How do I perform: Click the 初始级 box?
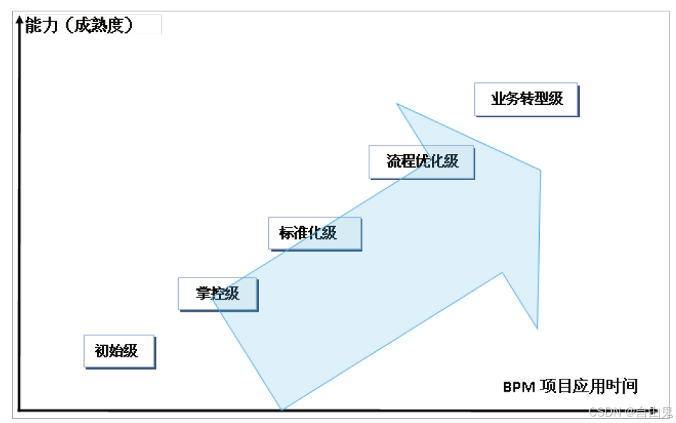118,351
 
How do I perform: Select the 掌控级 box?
217,293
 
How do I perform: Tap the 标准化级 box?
314,233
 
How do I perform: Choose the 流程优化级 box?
421,161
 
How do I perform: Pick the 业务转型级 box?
526,99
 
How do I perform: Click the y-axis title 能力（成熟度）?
78,26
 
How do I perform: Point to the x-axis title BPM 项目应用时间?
570,387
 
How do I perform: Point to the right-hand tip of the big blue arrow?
541,170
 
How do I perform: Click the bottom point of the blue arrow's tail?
282,409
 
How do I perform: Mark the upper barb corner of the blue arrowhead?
397,104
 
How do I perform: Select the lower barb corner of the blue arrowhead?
536,328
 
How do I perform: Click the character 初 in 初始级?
101,351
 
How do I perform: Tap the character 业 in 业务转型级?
498,99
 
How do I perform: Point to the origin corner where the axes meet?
20,409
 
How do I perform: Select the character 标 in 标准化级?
286,233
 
